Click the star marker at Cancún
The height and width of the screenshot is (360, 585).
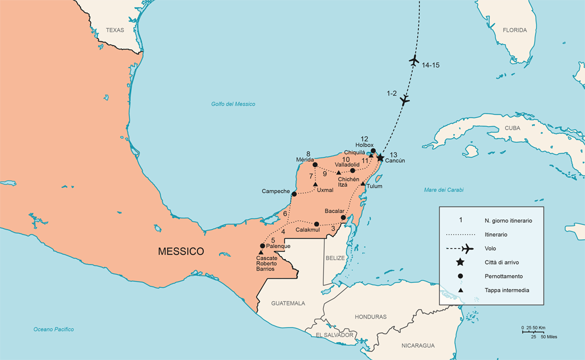tap(380, 157)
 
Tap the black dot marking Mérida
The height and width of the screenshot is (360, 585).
tap(315, 164)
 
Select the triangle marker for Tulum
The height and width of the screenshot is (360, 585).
tap(362, 183)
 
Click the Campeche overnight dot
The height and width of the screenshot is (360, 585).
tap(294, 194)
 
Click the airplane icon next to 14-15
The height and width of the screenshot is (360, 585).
tap(413, 60)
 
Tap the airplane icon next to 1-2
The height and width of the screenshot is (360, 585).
tap(404, 100)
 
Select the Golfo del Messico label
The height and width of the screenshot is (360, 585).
tap(233, 104)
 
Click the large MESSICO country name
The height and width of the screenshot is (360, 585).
tap(181, 251)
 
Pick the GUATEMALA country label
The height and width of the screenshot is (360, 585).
tap(288, 303)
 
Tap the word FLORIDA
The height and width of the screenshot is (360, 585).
tap(515, 30)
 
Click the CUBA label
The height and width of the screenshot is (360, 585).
tap(512, 128)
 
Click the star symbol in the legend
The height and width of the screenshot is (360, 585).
tap(460, 262)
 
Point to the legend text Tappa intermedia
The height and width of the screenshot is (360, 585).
tap(506, 290)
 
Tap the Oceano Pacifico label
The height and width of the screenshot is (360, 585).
tap(53, 329)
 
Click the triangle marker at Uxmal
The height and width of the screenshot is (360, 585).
tap(315, 184)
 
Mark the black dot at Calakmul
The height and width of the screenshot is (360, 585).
tap(316, 224)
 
